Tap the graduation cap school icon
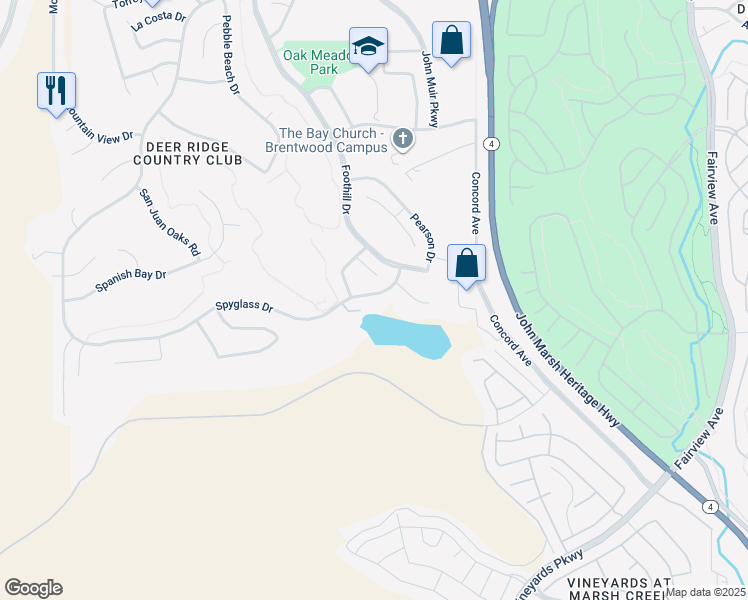(x=368, y=46)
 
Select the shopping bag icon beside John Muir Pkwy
(x=452, y=41)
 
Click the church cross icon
(x=402, y=138)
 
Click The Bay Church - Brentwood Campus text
(x=331, y=140)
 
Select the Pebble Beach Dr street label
(x=231, y=55)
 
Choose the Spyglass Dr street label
(x=244, y=307)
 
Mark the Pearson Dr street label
(x=421, y=237)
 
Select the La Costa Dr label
(x=159, y=20)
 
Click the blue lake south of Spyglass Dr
(x=405, y=335)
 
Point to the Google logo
(x=33, y=588)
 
